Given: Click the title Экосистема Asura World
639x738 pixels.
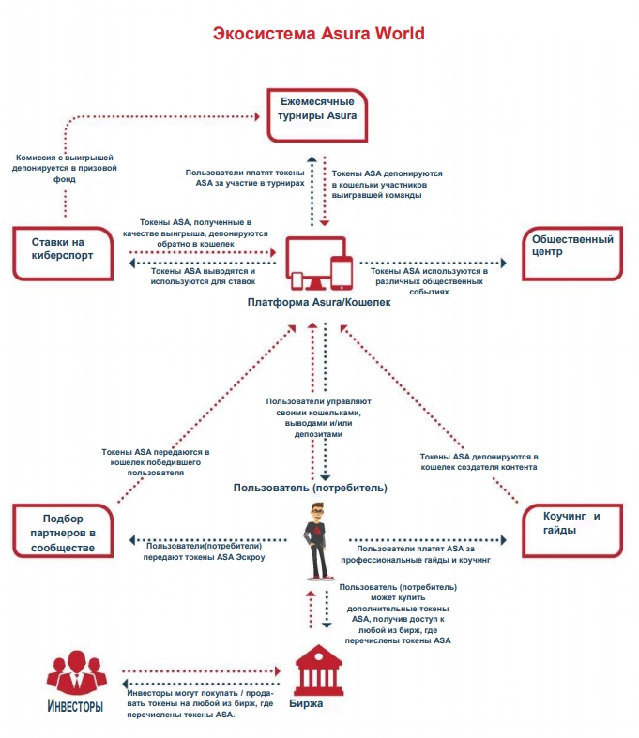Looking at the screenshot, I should (x=319, y=34).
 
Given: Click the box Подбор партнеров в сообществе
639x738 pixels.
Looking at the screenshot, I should (x=68, y=533).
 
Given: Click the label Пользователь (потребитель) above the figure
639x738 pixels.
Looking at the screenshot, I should (x=311, y=488).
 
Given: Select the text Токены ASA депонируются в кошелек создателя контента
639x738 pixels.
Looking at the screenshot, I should (x=479, y=461).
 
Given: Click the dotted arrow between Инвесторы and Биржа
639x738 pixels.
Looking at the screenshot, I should (x=202, y=671).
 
